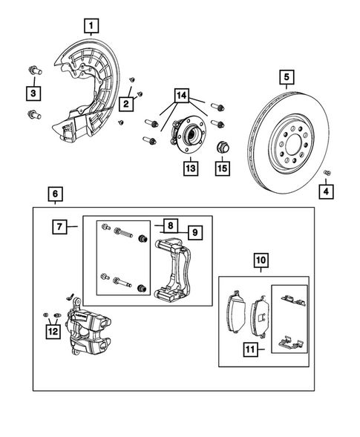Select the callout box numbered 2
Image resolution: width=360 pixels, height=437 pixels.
tap(128, 103)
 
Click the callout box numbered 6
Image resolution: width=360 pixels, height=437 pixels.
tap(53, 194)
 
